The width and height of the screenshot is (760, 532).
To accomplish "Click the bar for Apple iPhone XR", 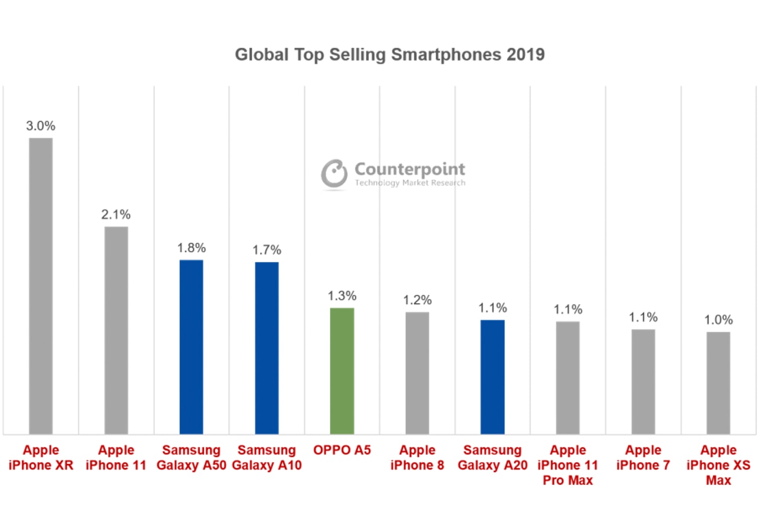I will [x=41, y=286].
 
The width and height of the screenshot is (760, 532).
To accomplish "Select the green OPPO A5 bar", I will [x=342, y=371].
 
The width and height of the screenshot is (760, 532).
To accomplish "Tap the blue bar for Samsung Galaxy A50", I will [x=192, y=347].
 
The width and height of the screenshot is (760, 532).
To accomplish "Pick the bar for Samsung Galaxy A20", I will [x=492, y=377].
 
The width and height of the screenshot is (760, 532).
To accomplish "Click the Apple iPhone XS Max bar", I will [x=718, y=383].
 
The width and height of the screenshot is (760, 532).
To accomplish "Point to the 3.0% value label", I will [x=41, y=126].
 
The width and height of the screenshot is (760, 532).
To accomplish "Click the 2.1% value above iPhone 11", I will [x=116, y=214].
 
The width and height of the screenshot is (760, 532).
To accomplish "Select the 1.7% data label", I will [x=267, y=250].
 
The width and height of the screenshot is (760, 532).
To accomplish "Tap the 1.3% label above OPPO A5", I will [x=342, y=295].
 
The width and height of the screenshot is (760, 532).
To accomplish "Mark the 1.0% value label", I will [x=718, y=320].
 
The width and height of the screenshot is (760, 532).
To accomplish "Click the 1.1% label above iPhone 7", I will [x=643, y=317].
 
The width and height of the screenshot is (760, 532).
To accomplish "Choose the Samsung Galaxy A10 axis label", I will [x=267, y=458].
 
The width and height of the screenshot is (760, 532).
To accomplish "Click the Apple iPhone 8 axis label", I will [x=417, y=458].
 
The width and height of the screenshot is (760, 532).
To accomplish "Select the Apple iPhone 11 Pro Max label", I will [x=567, y=465].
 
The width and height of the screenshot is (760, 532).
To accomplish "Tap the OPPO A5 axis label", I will [x=342, y=450].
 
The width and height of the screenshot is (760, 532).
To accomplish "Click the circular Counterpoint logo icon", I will [x=334, y=173].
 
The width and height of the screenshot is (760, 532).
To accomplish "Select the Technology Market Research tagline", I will [x=410, y=183].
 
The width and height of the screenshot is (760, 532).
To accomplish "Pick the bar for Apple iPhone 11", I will [x=116, y=330].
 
